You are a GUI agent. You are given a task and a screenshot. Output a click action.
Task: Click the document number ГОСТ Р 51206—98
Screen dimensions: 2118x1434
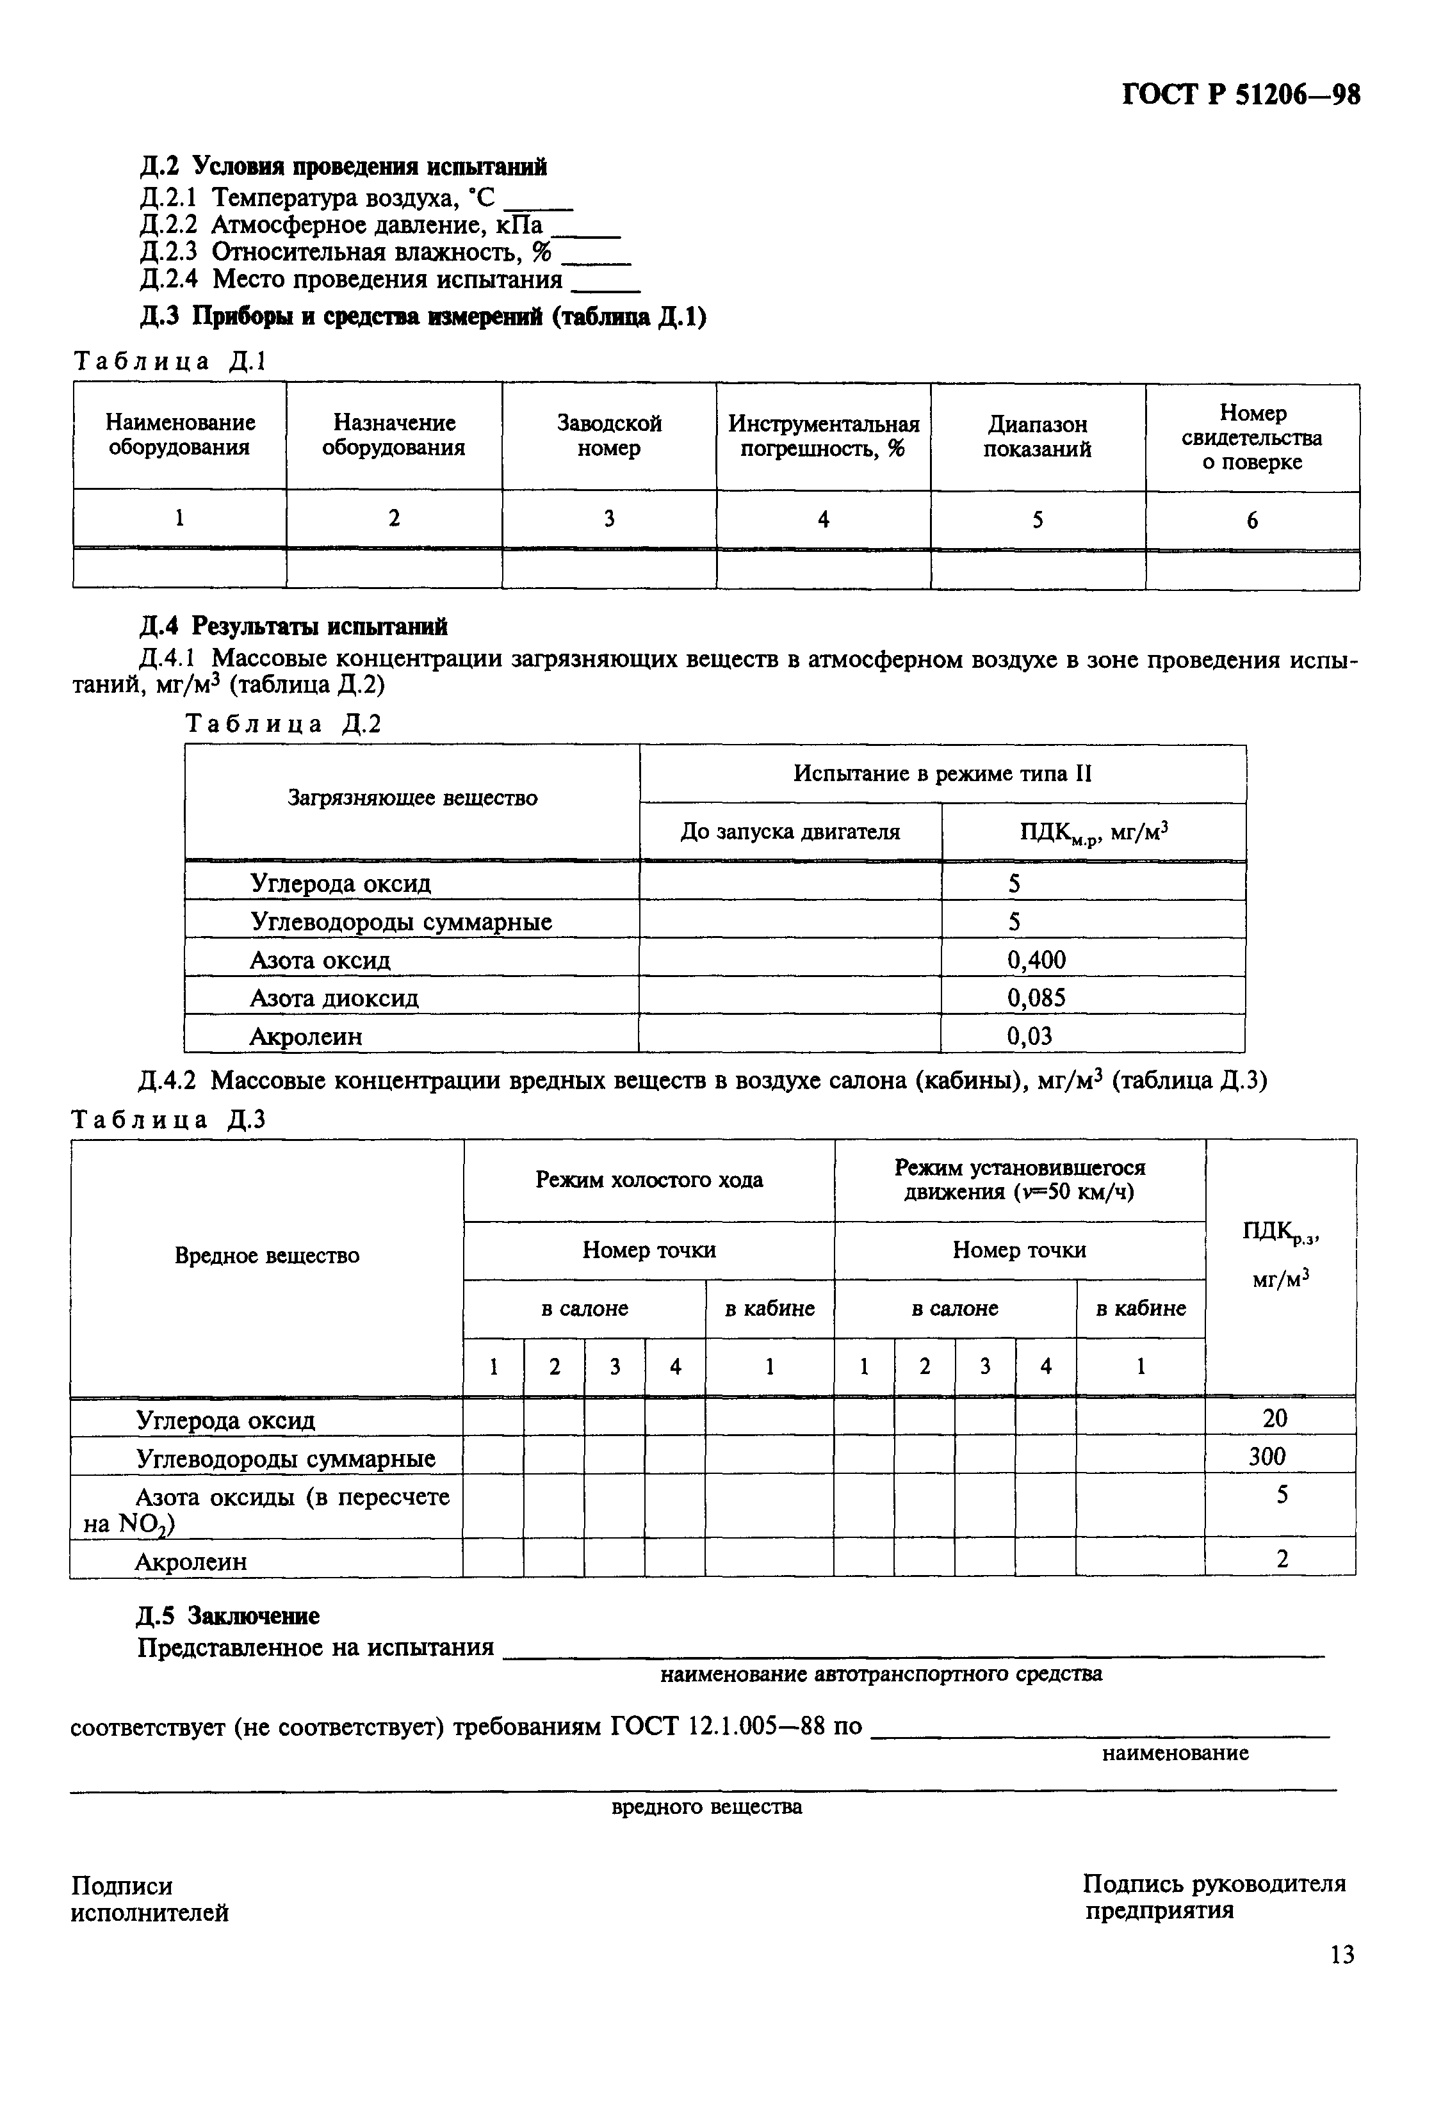[x=1240, y=95]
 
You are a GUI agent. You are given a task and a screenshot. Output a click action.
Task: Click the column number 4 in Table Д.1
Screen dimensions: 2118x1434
[x=823, y=519]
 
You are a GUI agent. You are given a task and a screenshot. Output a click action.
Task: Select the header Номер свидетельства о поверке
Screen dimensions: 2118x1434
[x=1251, y=437]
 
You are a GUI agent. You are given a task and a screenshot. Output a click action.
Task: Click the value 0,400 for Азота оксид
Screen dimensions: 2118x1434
[x=1036, y=960]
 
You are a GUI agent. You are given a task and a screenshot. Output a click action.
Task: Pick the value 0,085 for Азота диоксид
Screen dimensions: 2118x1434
[x=1036, y=998]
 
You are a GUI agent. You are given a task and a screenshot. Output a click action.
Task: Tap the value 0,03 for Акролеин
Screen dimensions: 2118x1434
[x=1029, y=1036]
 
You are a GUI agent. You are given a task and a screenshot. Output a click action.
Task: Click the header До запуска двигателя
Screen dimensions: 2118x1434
[x=790, y=832]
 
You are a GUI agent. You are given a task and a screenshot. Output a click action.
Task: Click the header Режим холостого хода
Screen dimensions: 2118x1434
[x=648, y=1179]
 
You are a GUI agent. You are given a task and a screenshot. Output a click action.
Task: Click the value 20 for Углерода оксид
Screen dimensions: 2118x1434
[x=1275, y=1418]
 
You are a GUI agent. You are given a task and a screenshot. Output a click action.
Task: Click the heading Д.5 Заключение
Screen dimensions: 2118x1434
[x=228, y=1616]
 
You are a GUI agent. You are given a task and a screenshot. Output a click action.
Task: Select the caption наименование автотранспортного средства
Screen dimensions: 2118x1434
[x=880, y=1674]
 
